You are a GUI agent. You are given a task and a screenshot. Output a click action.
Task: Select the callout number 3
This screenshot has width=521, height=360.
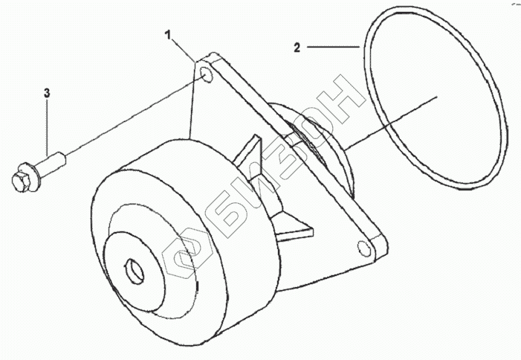coord(47,93)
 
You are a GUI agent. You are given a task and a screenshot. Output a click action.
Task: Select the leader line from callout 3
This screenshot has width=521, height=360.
coord(48,126)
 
